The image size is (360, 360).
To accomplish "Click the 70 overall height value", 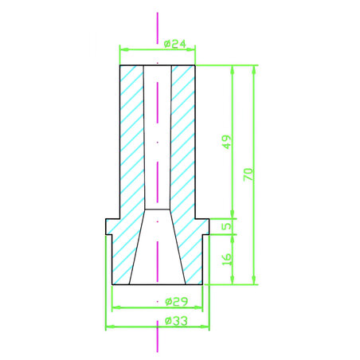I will (x=248, y=174).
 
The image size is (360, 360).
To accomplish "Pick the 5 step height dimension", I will (x=227, y=226).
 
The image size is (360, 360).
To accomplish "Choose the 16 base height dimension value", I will (x=227, y=259).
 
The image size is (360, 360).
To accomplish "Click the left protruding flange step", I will (x=110, y=227).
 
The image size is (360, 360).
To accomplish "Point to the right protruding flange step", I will (x=205, y=227).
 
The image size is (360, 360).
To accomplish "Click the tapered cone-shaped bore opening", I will (x=158, y=255).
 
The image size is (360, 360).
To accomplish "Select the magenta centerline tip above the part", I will (x=158, y=14).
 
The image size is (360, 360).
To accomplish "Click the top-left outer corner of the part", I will (x=119, y=66).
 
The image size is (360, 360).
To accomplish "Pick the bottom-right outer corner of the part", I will (x=202, y=284).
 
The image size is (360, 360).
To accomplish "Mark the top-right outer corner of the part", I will (x=196, y=66).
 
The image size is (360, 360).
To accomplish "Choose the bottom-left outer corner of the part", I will (x=112, y=284).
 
